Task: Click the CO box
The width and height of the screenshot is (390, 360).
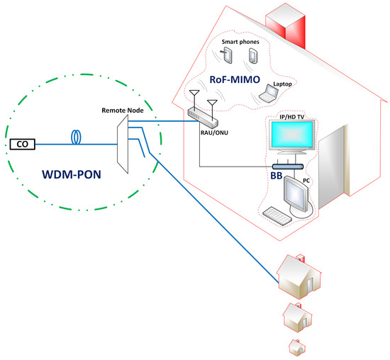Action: pos(23,145)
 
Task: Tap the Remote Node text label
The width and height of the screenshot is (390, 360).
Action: pos(124,111)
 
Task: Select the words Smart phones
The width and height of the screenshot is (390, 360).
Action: pos(240,42)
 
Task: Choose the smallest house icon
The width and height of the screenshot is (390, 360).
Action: pos(297,347)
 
